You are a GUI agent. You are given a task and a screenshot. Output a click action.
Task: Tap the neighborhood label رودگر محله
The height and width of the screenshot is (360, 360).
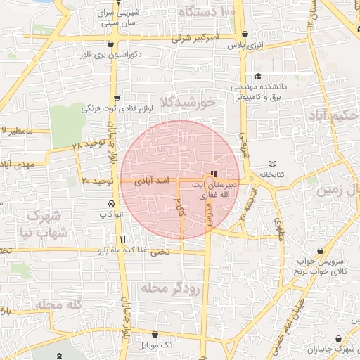click(171, 288)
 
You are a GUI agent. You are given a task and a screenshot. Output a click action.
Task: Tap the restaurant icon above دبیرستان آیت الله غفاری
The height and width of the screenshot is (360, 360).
click(214, 174)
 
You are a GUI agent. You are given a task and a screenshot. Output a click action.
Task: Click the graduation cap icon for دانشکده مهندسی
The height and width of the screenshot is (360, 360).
click(258, 77)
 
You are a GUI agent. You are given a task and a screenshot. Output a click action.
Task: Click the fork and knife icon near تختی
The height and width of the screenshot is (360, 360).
click(123, 238)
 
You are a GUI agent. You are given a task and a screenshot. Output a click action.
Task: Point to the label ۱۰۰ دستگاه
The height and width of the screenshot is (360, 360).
click(207, 13)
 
